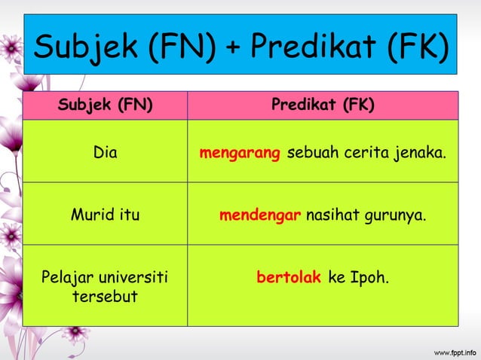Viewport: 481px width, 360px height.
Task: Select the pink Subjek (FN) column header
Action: coord(106,105)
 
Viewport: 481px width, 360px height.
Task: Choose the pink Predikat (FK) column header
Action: coord(323,105)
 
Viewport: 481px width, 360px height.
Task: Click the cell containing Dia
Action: coord(106,154)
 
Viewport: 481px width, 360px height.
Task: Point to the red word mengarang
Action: coord(240,154)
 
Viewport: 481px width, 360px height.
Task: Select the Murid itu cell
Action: coord(106,215)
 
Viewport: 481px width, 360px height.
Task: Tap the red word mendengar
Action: coord(260,216)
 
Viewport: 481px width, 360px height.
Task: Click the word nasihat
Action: coord(334,215)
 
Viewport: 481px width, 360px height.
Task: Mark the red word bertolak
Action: coord(289,277)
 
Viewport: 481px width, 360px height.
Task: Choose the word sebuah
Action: coord(312,154)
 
